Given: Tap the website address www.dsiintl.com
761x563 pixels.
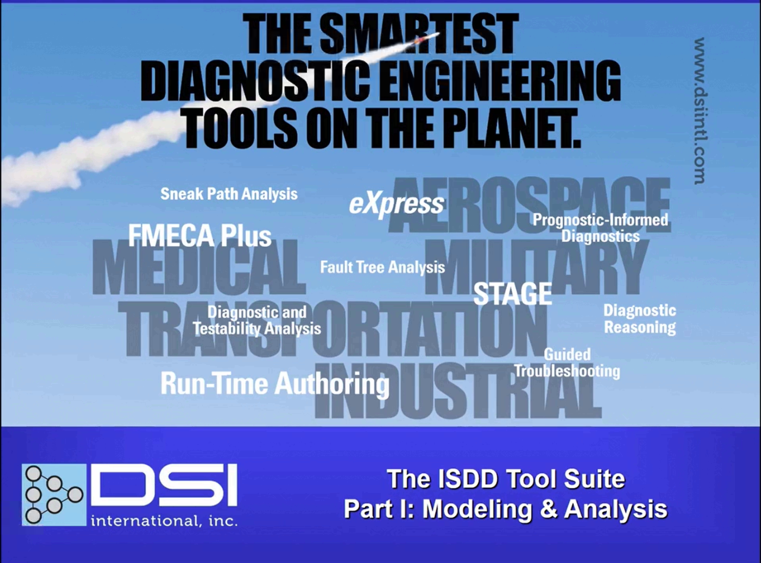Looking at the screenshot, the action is coord(699,111).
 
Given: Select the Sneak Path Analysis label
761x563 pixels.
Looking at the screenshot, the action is coord(229,194).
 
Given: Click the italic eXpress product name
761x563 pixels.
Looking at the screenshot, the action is coord(397,205).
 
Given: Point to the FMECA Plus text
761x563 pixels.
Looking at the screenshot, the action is coord(200,236).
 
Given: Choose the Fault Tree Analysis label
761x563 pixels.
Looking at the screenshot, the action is coord(382,267).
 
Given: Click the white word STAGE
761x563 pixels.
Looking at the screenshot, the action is coord(513,294).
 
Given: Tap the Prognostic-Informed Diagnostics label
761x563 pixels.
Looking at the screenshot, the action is coord(600,228).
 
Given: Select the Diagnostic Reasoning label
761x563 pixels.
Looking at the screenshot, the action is coord(640,319).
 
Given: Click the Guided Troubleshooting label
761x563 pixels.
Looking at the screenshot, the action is coord(567,363).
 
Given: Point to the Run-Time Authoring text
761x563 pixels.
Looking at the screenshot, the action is coord(275,384).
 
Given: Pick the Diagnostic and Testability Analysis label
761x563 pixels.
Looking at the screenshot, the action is coord(257,321).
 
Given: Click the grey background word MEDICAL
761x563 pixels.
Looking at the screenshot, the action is coord(199,267).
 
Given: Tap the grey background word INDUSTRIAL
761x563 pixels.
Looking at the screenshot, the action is coord(458,391).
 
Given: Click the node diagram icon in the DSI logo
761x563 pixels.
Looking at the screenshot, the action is coord(54,495).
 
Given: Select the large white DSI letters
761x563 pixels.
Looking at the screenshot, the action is coord(164,485).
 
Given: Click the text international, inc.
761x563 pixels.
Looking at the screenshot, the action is coord(164,522).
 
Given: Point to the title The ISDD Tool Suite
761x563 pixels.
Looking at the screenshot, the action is coord(506,479).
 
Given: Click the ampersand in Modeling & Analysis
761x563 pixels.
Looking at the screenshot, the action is coord(548,509).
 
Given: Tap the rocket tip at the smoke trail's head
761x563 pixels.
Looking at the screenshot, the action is coord(439,34).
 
